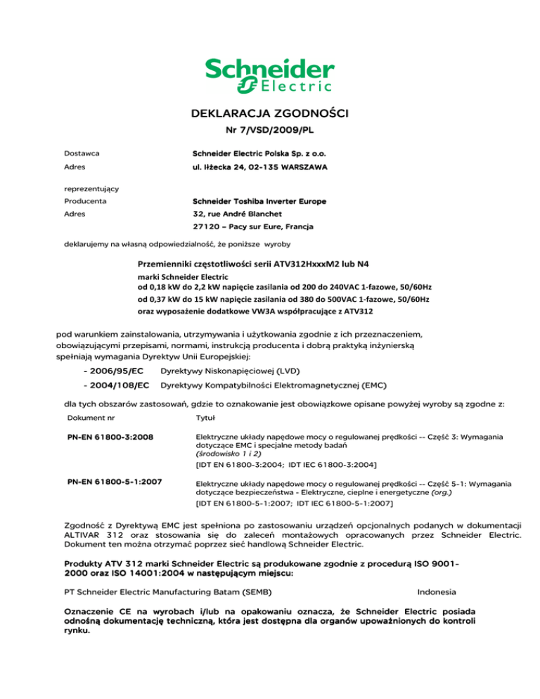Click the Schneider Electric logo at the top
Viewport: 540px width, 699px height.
[x=269, y=75]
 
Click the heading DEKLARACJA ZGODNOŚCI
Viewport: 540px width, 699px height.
[x=270, y=113]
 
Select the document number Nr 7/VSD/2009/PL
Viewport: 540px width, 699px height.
[x=270, y=132]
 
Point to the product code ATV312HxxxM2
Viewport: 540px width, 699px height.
[x=314, y=265]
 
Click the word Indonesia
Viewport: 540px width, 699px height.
[x=440, y=592]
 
